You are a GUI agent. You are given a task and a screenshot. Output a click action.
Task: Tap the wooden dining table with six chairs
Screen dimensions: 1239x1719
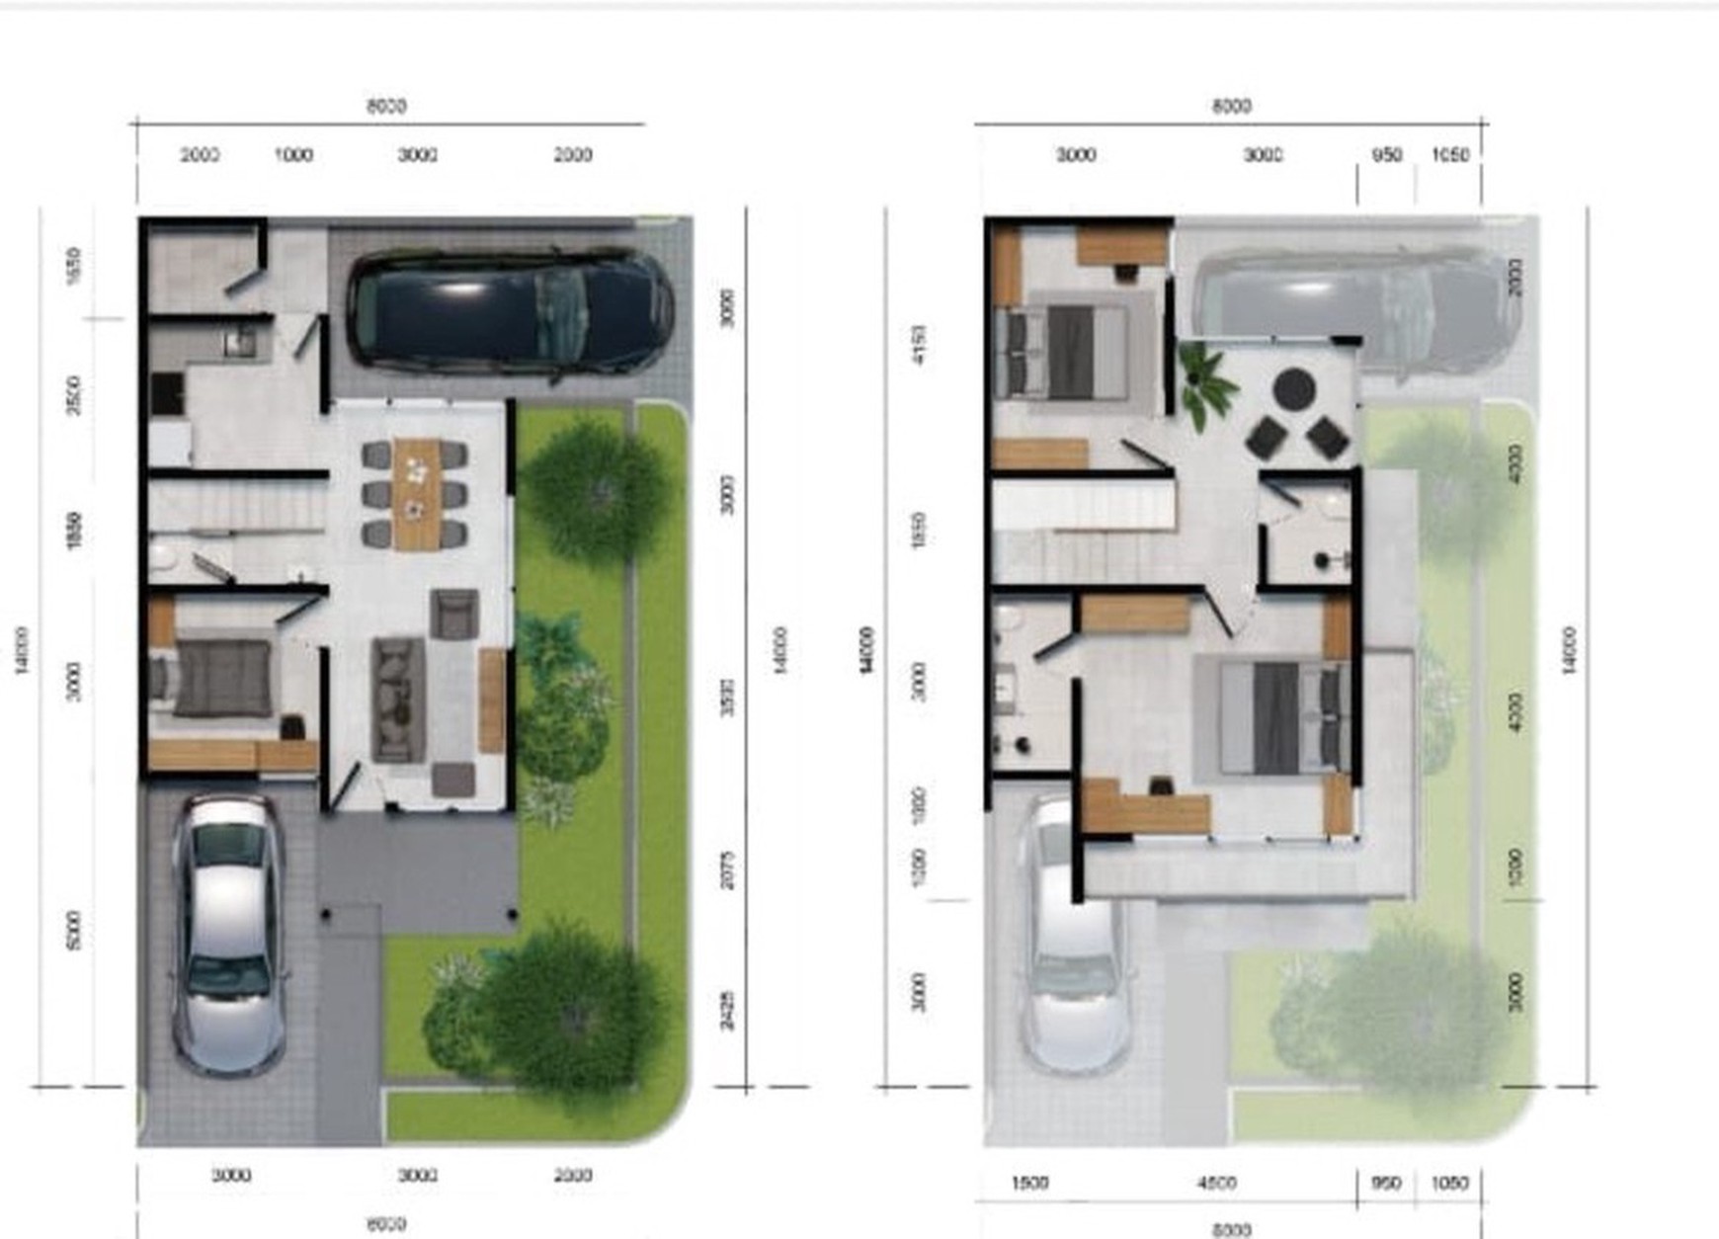pos(416,493)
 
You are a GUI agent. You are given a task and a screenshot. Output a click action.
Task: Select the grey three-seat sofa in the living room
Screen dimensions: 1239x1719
pos(397,700)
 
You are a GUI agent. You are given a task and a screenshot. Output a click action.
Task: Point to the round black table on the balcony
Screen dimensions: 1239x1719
pos(1292,389)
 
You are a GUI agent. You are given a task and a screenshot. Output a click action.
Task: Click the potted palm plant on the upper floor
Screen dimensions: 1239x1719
pos(1205,382)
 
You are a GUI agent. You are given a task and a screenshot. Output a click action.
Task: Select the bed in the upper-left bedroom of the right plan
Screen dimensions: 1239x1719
pos(1067,351)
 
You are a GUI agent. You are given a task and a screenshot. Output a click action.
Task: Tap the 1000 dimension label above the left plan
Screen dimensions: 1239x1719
pos(293,155)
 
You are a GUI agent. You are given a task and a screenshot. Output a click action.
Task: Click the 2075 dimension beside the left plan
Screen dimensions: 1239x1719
pos(727,869)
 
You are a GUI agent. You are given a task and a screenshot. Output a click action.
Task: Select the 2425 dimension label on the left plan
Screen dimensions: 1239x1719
pos(727,1010)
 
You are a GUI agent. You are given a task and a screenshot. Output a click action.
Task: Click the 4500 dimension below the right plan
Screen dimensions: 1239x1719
pos(1216,1183)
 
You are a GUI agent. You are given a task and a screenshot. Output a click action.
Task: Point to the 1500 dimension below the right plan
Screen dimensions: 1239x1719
pos(1029,1183)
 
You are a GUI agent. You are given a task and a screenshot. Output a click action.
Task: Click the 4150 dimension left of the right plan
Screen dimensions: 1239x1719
pos(920,345)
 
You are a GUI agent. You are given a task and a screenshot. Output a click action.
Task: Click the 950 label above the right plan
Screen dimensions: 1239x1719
pos(1387,155)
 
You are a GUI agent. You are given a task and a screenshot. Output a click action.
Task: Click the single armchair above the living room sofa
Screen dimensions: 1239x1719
pos(454,614)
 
